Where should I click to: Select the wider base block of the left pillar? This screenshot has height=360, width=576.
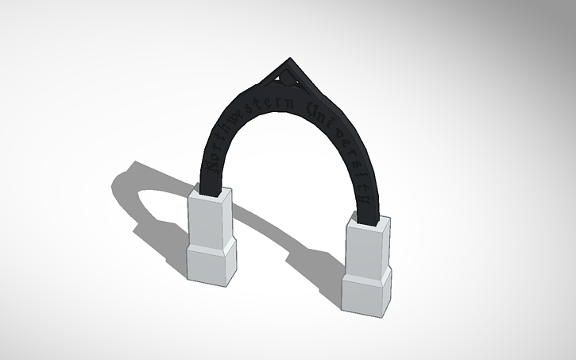(x=211, y=262)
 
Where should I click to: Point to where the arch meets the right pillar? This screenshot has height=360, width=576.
(x=367, y=216)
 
